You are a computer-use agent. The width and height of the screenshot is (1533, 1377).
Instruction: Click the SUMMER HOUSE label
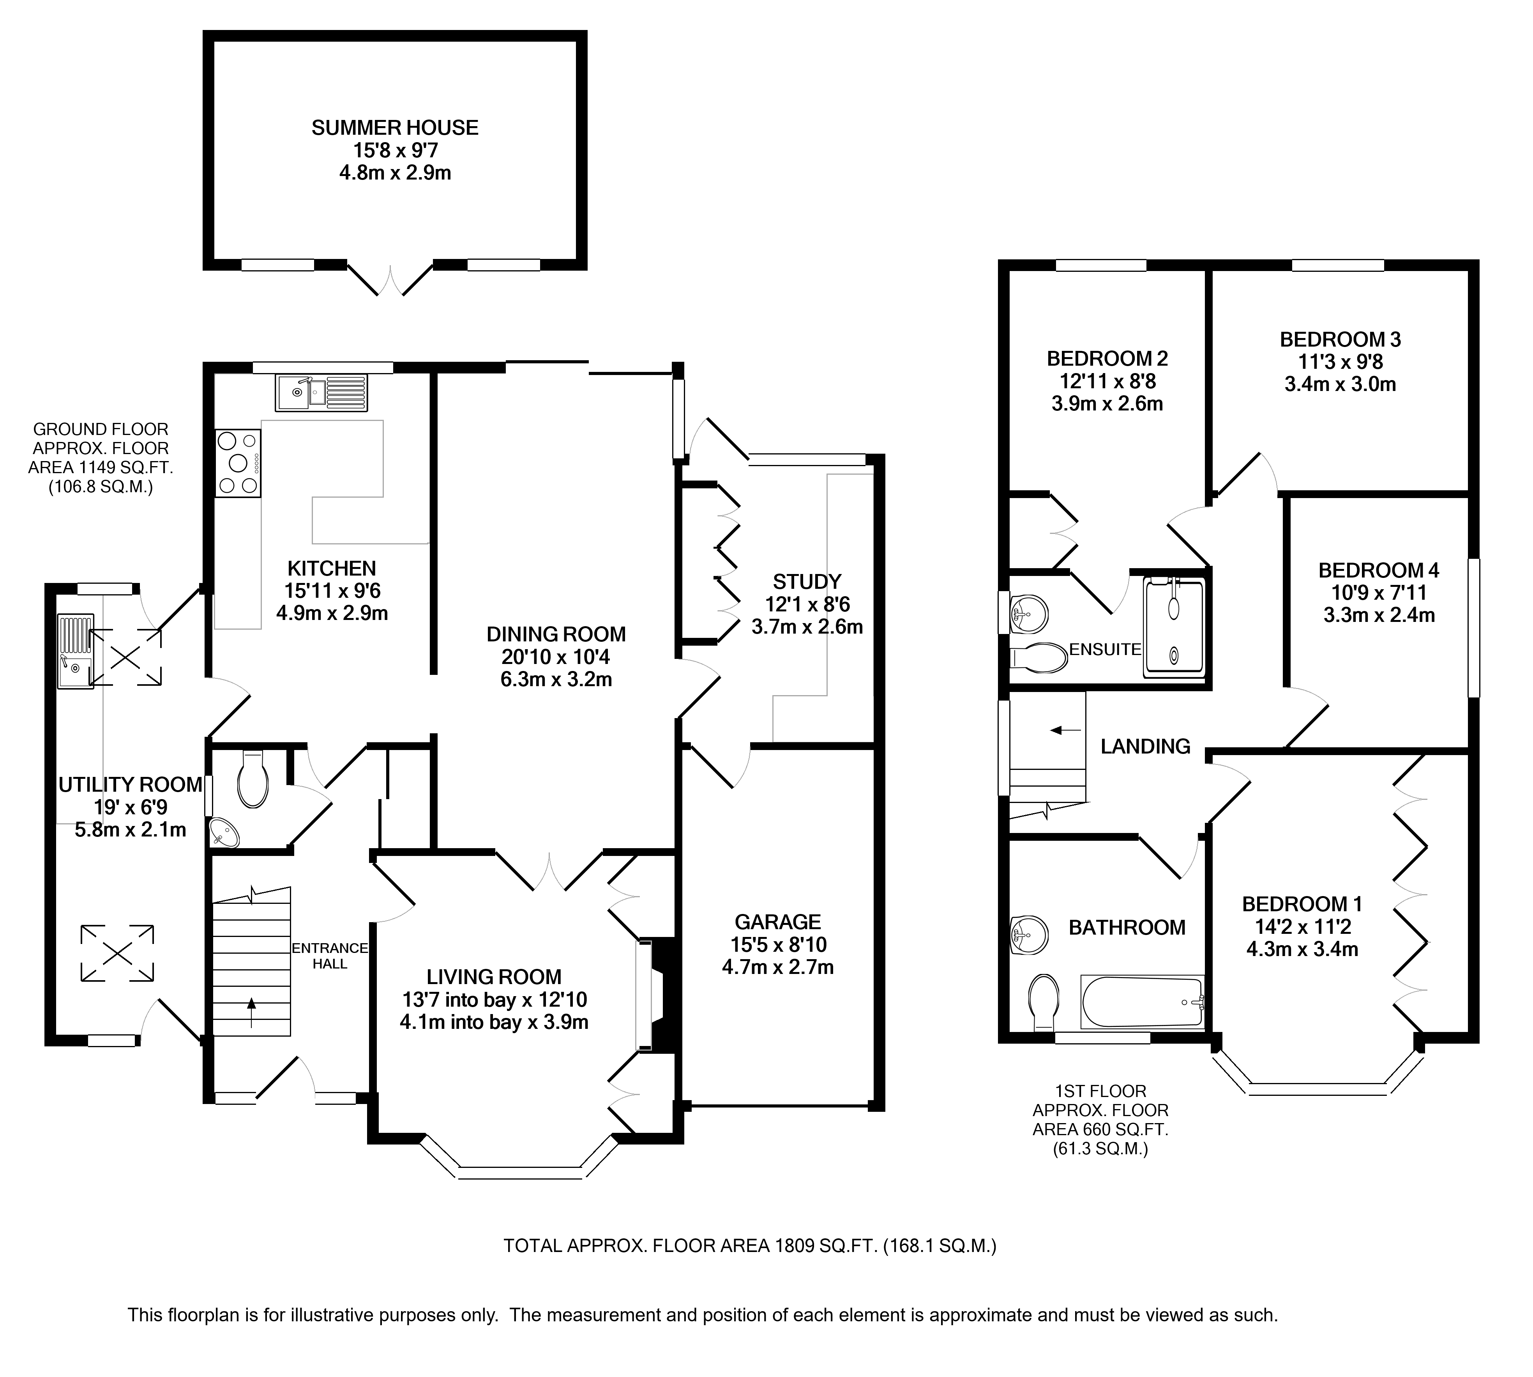pos(394,128)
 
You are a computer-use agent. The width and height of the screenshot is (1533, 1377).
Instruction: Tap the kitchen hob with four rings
pos(238,463)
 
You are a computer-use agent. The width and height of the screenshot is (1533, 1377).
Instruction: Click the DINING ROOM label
pos(556,634)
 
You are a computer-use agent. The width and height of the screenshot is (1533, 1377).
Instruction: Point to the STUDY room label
pos(806,582)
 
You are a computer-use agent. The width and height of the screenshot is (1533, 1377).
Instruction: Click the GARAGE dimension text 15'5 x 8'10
pos(777,944)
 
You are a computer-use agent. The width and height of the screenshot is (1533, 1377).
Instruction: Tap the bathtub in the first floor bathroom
pos(1142,1002)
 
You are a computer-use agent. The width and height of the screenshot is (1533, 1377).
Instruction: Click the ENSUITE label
pos(1104,649)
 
